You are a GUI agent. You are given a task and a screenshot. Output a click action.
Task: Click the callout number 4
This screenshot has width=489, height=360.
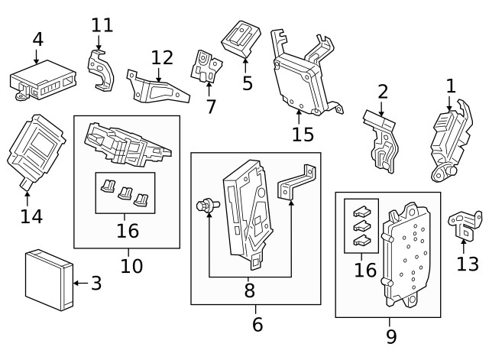coord(37,40)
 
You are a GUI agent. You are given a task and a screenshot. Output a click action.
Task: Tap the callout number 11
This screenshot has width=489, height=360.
coord(102,24)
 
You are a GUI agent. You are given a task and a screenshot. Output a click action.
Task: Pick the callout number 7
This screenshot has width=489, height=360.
coord(211,105)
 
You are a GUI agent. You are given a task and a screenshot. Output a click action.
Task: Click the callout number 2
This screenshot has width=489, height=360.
coord(383,92)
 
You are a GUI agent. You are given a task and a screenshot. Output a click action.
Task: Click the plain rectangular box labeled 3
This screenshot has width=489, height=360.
coord(48,280)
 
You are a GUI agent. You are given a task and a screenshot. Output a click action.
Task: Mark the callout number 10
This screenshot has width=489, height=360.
coord(131,266)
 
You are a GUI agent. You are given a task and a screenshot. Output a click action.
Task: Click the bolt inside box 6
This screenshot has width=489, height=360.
coord(205,206)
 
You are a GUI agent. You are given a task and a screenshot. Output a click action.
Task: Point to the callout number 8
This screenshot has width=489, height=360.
coord(249,290)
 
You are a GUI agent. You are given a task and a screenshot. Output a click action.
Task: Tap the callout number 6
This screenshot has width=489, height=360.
coord(257,325)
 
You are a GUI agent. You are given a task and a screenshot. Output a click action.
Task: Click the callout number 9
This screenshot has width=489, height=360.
coord(390,336)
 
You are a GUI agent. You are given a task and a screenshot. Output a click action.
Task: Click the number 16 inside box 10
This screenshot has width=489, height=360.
coord(127,229)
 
